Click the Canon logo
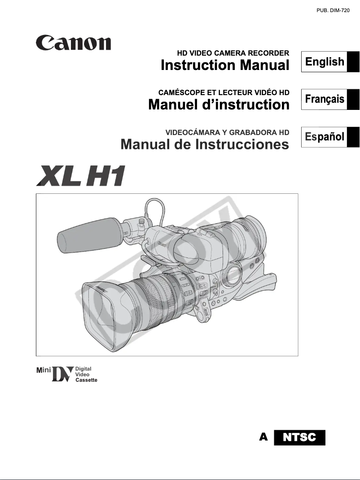tap(74, 44)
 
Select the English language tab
tap(325, 62)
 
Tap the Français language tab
tap(325, 99)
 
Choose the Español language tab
tap(325, 136)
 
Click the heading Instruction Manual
tap(225, 65)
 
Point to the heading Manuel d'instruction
tap(219, 105)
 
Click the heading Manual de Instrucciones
tap(205, 144)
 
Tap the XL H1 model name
tap(81, 175)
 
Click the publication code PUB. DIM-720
tap(333, 10)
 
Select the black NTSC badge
tap(300, 437)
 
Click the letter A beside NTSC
tap(264, 436)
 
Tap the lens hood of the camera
tap(105, 314)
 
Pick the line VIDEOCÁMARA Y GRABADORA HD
tap(227, 132)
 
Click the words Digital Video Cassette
tap(86, 374)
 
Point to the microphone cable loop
tap(153, 209)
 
